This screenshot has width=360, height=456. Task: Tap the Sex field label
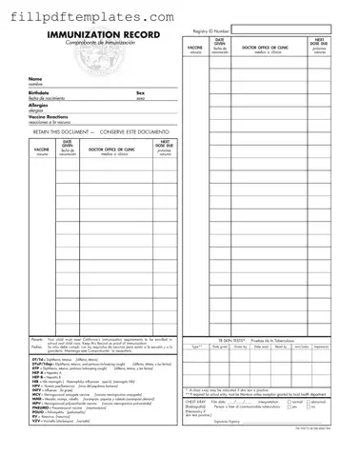141,93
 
